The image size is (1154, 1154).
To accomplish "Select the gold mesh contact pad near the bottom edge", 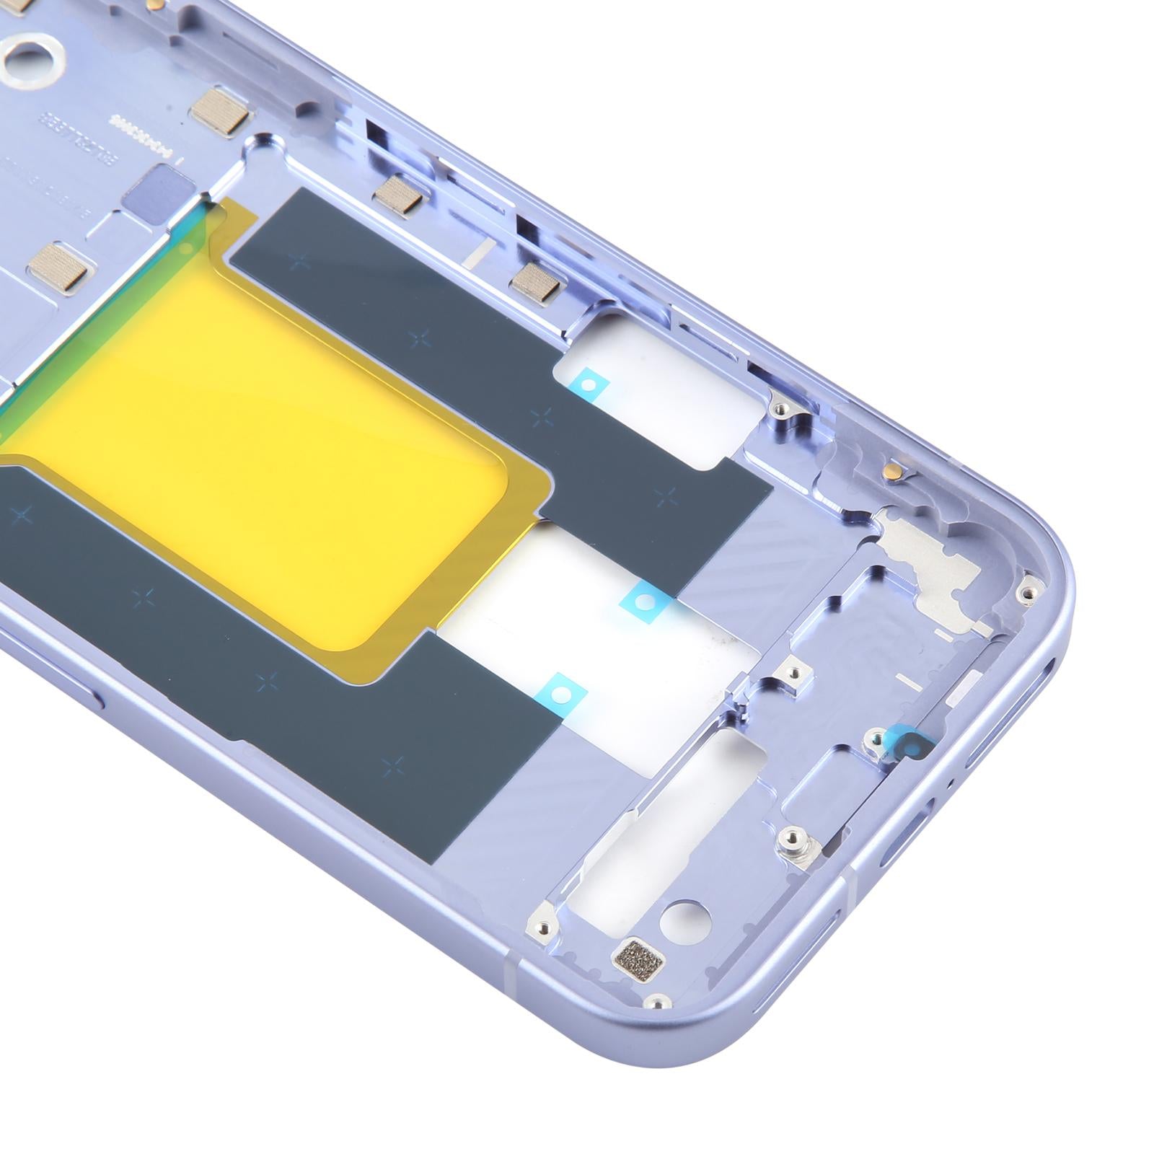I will point(636,957).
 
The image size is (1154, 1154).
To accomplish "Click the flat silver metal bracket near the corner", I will point(930,563).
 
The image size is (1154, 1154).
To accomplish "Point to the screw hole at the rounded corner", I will point(1024,593).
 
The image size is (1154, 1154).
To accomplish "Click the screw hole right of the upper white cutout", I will point(781,410).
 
